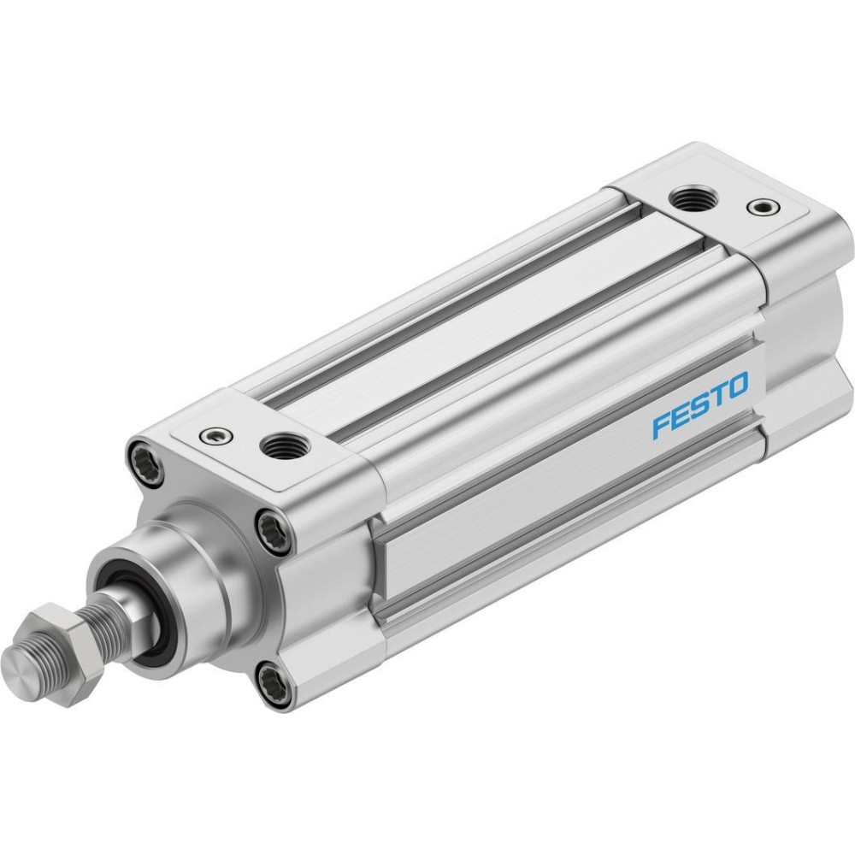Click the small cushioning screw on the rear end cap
763,207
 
